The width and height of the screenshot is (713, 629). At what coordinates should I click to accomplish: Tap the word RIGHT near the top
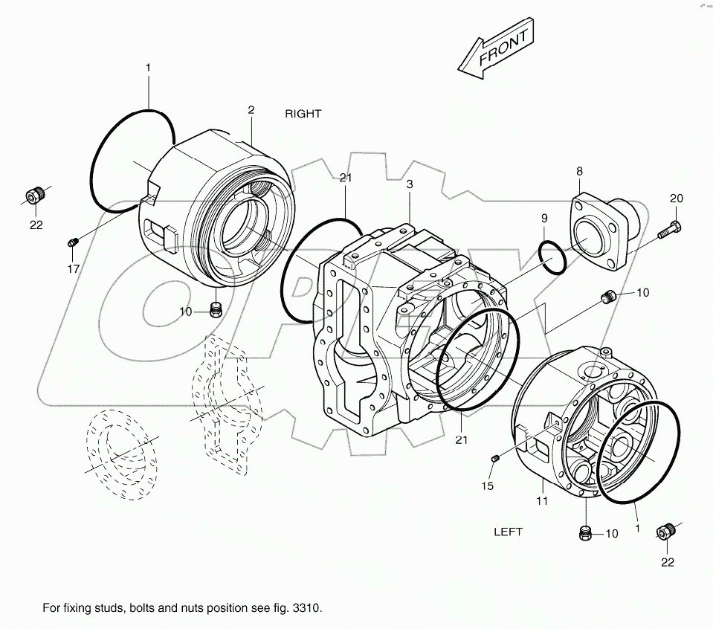point(303,114)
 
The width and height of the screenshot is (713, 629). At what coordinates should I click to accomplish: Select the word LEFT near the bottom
point(509,532)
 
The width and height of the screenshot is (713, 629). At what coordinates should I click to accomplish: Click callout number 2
point(251,110)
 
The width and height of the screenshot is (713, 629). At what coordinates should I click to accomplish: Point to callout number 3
point(409,184)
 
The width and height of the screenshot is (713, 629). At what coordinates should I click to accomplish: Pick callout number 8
point(579,172)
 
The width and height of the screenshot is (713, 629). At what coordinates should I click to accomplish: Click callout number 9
point(543,218)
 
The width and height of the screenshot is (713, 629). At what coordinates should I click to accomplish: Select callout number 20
point(675,198)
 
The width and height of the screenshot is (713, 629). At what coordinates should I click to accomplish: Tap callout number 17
point(73,268)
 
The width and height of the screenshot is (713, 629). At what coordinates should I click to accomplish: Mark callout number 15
point(487,486)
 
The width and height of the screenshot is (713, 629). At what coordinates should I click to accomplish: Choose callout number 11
point(542,501)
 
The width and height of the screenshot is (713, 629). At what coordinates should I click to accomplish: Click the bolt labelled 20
point(668,229)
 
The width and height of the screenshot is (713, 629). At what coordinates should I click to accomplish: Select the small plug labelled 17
point(73,242)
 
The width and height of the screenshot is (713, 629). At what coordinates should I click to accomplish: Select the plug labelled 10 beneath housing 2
point(216,309)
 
